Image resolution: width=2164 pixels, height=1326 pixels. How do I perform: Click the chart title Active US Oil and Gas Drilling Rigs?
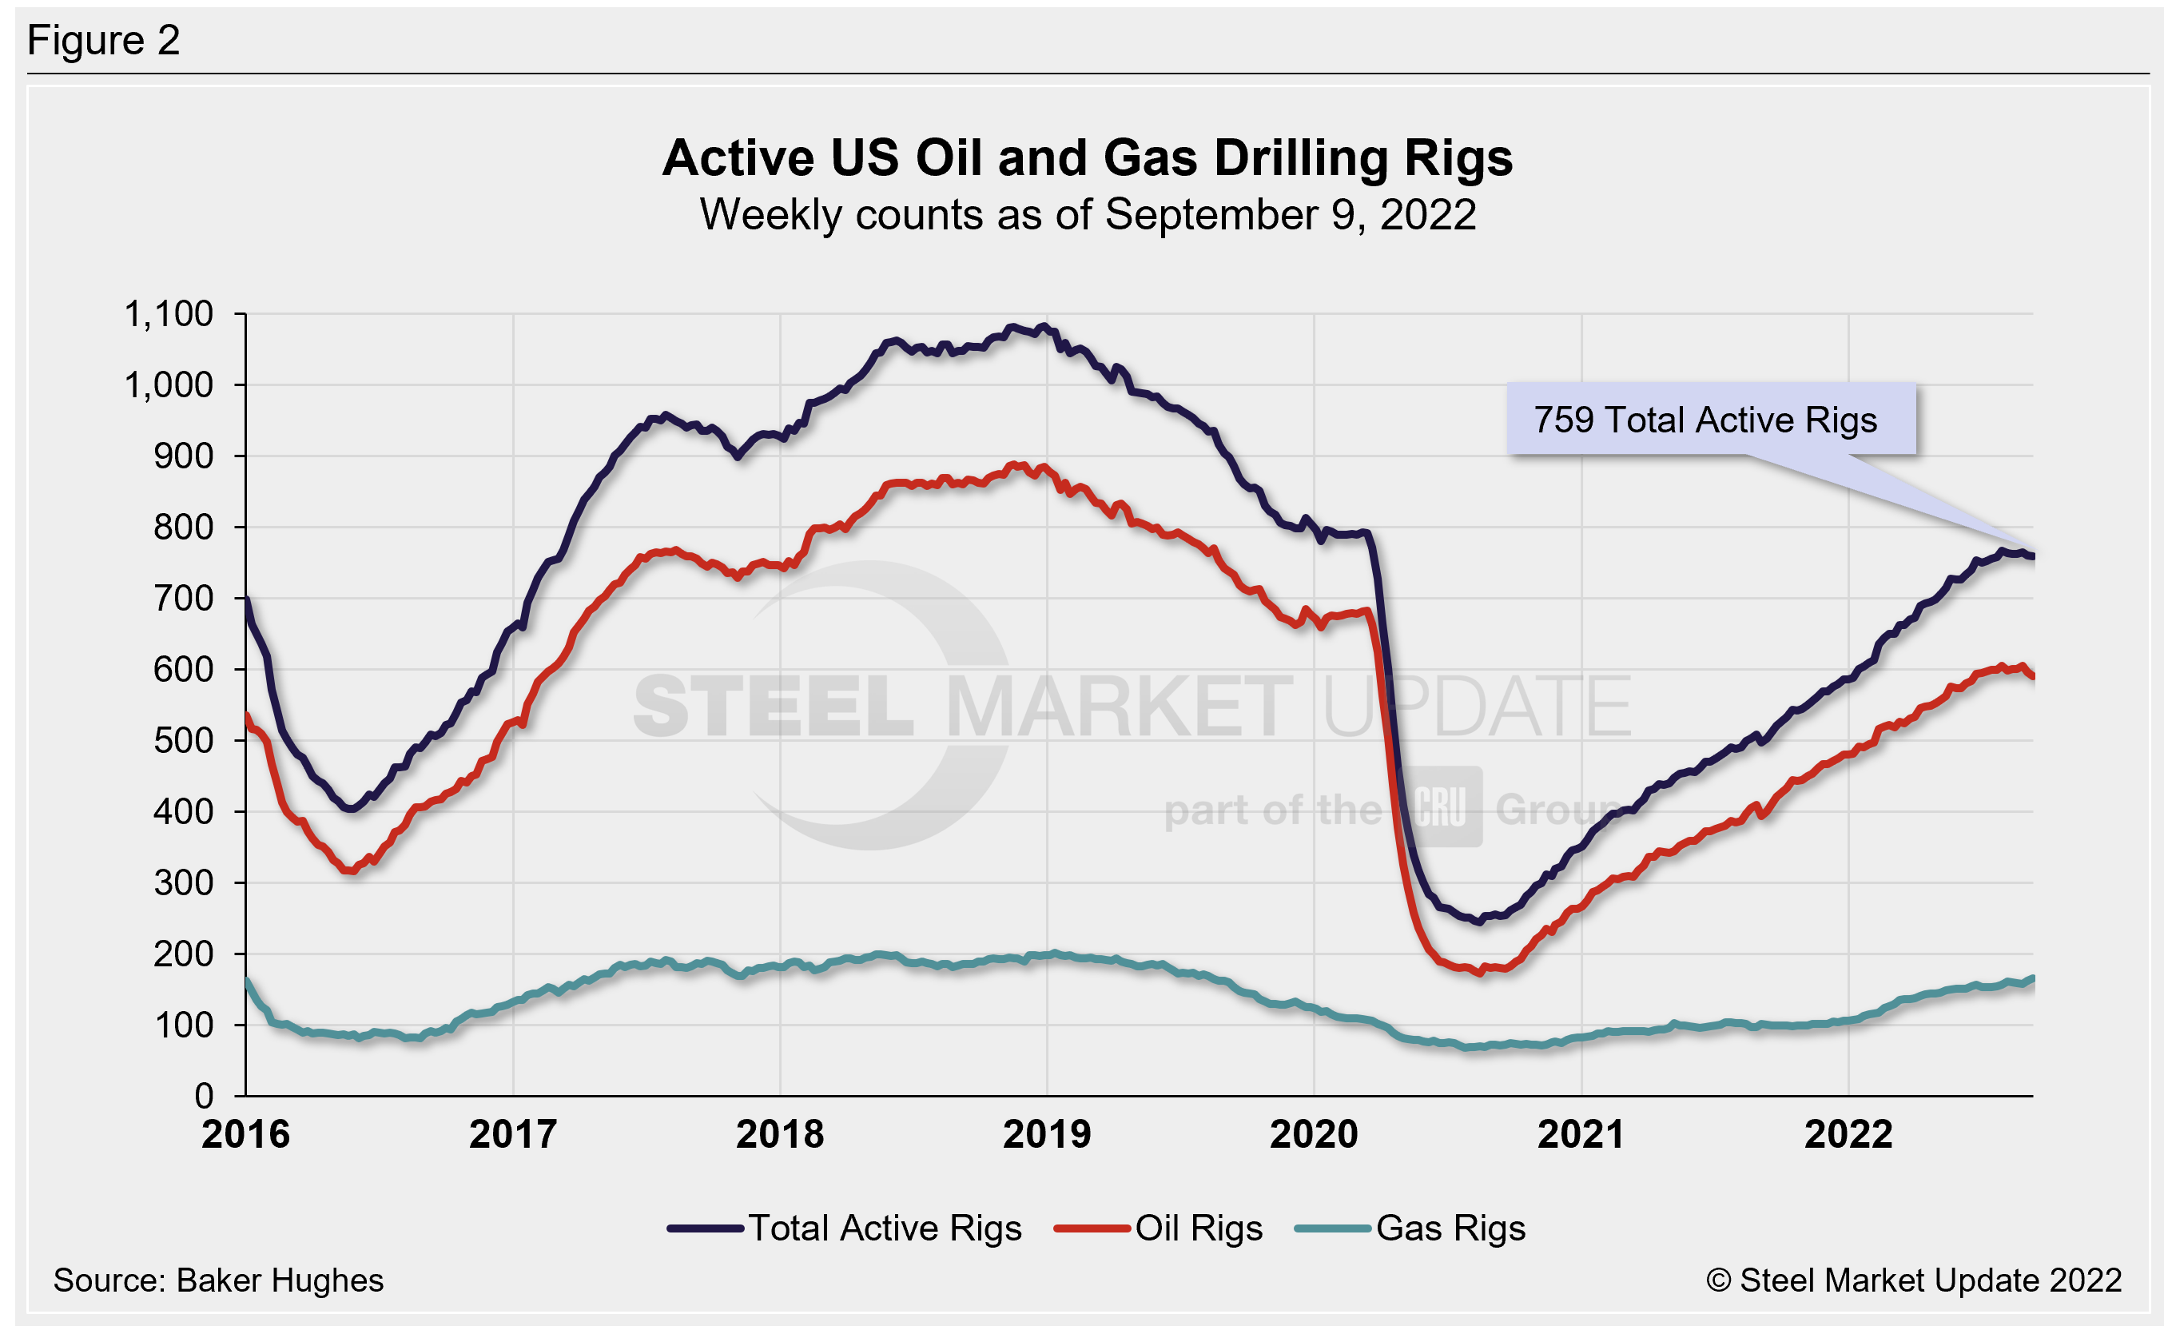pos(1088,158)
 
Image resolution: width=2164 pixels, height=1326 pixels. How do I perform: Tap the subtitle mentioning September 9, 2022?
pos(1088,215)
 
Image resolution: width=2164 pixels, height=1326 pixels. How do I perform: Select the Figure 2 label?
pos(104,41)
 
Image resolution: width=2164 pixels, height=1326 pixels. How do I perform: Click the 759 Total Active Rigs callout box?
pos(1710,420)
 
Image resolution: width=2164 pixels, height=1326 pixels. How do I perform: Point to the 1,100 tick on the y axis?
pos(169,314)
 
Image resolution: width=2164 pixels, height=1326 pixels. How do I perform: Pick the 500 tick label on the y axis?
pos(183,740)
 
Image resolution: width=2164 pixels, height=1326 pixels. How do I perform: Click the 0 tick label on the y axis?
pos(204,1096)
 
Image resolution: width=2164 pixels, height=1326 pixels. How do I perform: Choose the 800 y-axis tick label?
pos(183,527)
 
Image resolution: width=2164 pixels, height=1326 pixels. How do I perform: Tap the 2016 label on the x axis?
pos(246,1134)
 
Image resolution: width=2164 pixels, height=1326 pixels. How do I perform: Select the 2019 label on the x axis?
pos(1047,1134)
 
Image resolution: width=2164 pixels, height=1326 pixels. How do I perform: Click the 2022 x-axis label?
pos(1848,1134)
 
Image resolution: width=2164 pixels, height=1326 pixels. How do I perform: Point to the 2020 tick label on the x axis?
pos(1314,1134)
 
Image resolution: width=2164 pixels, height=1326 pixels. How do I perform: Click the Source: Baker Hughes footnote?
pos(219,1280)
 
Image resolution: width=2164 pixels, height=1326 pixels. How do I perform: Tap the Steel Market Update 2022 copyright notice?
pos(1915,1280)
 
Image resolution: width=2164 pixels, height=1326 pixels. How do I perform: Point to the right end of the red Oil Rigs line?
pos(2031,675)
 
